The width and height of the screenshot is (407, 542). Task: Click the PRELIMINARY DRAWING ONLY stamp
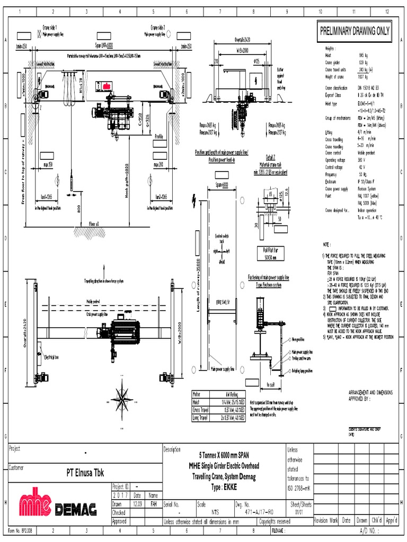pyautogui.click(x=354, y=31)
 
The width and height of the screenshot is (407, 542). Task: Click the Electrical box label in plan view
pyautogui.click(x=54, y=356)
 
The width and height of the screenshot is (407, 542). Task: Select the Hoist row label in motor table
pyautogui.click(x=198, y=402)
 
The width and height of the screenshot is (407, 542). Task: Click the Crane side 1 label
pyautogui.click(x=50, y=27)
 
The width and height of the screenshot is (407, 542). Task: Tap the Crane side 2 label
pyautogui.click(x=157, y=27)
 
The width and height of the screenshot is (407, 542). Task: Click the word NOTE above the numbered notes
pyautogui.click(x=326, y=245)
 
